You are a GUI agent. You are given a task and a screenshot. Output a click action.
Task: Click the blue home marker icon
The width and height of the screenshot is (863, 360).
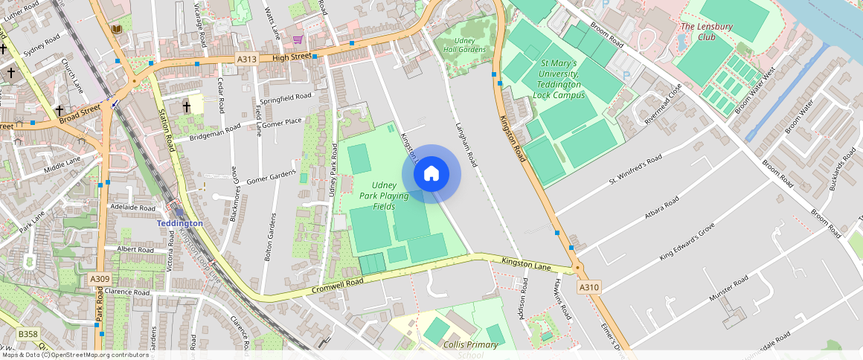click(x=431, y=174)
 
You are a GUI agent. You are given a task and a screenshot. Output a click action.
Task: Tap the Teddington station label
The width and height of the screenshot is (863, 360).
click(x=179, y=223)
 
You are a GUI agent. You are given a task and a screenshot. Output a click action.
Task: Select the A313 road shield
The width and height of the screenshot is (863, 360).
click(x=246, y=59)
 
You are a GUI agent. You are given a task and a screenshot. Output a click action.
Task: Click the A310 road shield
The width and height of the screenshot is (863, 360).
click(x=588, y=287)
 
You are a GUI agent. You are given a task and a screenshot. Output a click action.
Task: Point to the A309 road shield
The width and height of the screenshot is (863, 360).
click(x=100, y=279)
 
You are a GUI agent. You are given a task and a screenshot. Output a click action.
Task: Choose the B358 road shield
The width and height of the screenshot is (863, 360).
click(x=28, y=334)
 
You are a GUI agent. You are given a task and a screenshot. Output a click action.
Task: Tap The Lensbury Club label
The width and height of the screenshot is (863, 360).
click(x=706, y=31)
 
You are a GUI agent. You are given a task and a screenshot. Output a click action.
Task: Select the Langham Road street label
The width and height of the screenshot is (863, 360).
click(x=465, y=144)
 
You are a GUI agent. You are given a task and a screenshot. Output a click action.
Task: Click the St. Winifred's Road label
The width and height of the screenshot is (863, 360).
click(x=635, y=170)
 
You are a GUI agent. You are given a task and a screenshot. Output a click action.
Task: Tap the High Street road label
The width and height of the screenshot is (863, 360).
click(x=290, y=57)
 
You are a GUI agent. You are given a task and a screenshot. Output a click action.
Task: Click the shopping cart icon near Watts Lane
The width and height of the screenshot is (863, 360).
click(x=298, y=39)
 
